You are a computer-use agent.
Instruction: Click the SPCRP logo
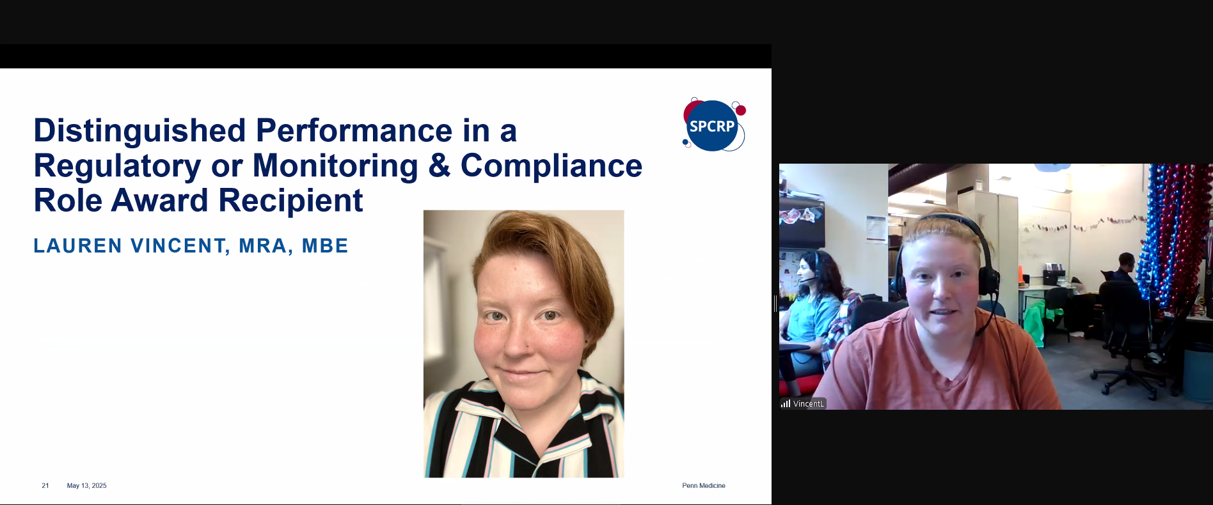point(714,125)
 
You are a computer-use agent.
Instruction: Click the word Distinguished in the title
point(139,131)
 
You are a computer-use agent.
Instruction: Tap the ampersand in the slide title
point(440,166)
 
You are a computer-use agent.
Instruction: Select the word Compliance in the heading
point(551,166)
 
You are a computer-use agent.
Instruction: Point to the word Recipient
point(291,201)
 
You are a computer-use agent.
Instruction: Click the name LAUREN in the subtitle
point(78,246)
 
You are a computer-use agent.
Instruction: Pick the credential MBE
point(325,246)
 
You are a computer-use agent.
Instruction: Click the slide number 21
point(45,486)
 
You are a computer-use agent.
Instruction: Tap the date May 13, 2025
point(87,486)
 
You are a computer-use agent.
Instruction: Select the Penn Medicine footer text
point(704,486)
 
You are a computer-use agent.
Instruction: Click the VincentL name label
point(809,404)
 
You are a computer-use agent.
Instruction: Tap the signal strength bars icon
point(785,403)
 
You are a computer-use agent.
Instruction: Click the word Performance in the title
point(354,131)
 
